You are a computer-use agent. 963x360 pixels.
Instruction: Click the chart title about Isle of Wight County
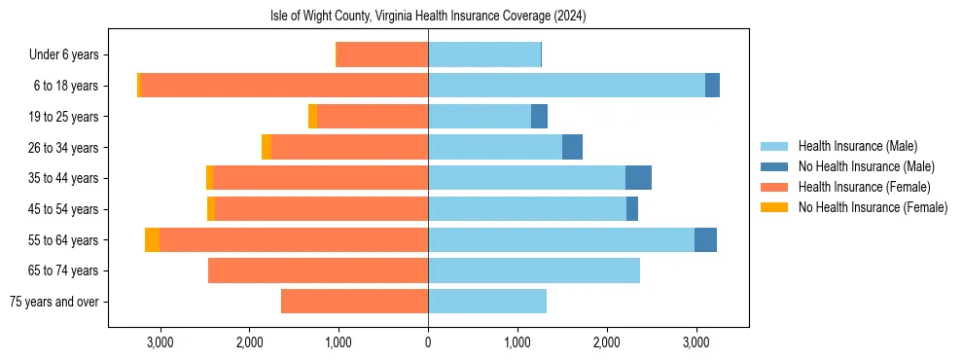tap(428, 17)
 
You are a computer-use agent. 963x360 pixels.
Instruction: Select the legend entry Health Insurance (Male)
tap(856, 146)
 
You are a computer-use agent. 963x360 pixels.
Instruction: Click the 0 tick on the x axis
tap(428, 342)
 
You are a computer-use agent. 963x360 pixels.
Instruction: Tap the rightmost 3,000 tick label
tap(695, 342)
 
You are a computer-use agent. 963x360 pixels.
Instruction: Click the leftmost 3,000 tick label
tap(160, 342)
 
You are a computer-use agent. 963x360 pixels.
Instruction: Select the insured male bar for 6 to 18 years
tap(566, 86)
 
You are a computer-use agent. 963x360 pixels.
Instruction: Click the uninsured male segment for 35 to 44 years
tap(638, 178)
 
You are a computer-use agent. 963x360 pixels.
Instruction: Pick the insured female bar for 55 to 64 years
tap(294, 240)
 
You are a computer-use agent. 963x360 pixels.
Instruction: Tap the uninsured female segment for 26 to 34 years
tap(267, 147)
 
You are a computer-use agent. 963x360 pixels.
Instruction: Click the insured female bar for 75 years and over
tap(354, 302)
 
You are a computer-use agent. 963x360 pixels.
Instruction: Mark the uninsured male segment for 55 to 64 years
tap(705, 240)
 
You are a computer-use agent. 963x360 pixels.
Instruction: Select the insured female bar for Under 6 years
tap(382, 54)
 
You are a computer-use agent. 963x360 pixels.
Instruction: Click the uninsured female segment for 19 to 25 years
tap(313, 117)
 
